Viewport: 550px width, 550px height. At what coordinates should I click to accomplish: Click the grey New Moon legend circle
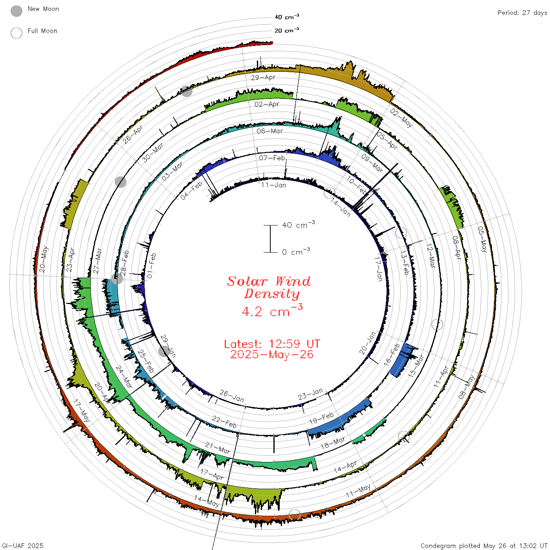(x=16, y=11)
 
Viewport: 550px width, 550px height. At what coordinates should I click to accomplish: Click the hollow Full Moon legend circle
(x=16, y=33)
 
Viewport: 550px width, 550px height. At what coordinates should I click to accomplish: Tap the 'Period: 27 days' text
(x=522, y=13)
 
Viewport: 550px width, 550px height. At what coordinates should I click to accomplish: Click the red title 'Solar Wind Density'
(x=269, y=288)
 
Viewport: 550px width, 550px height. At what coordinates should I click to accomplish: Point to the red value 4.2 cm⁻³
(x=272, y=311)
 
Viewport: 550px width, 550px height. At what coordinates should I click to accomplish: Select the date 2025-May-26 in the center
(x=272, y=355)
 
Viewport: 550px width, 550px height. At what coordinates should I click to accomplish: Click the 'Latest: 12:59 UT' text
(x=272, y=344)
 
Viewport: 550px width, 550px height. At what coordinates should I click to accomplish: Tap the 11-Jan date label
(x=273, y=185)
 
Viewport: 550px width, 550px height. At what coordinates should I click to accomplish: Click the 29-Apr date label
(x=263, y=77)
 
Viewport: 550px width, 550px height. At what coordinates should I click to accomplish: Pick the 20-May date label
(x=44, y=259)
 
